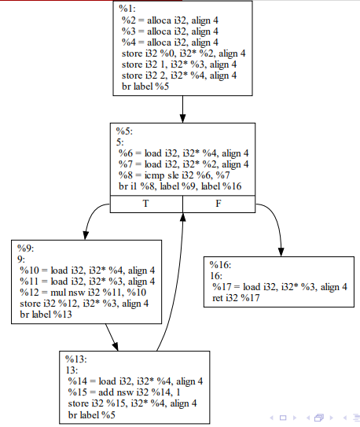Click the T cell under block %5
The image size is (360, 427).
[145, 204]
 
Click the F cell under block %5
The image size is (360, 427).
[219, 204]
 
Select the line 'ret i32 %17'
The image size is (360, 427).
[236, 298]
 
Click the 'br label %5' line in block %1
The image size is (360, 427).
[145, 85]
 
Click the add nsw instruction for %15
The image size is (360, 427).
[124, 392]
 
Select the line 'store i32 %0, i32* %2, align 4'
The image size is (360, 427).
[183, 53]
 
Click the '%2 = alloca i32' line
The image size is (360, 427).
[170, 20]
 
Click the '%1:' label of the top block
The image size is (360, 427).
[127, 9]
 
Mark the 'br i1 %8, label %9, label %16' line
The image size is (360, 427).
[180, 186]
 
